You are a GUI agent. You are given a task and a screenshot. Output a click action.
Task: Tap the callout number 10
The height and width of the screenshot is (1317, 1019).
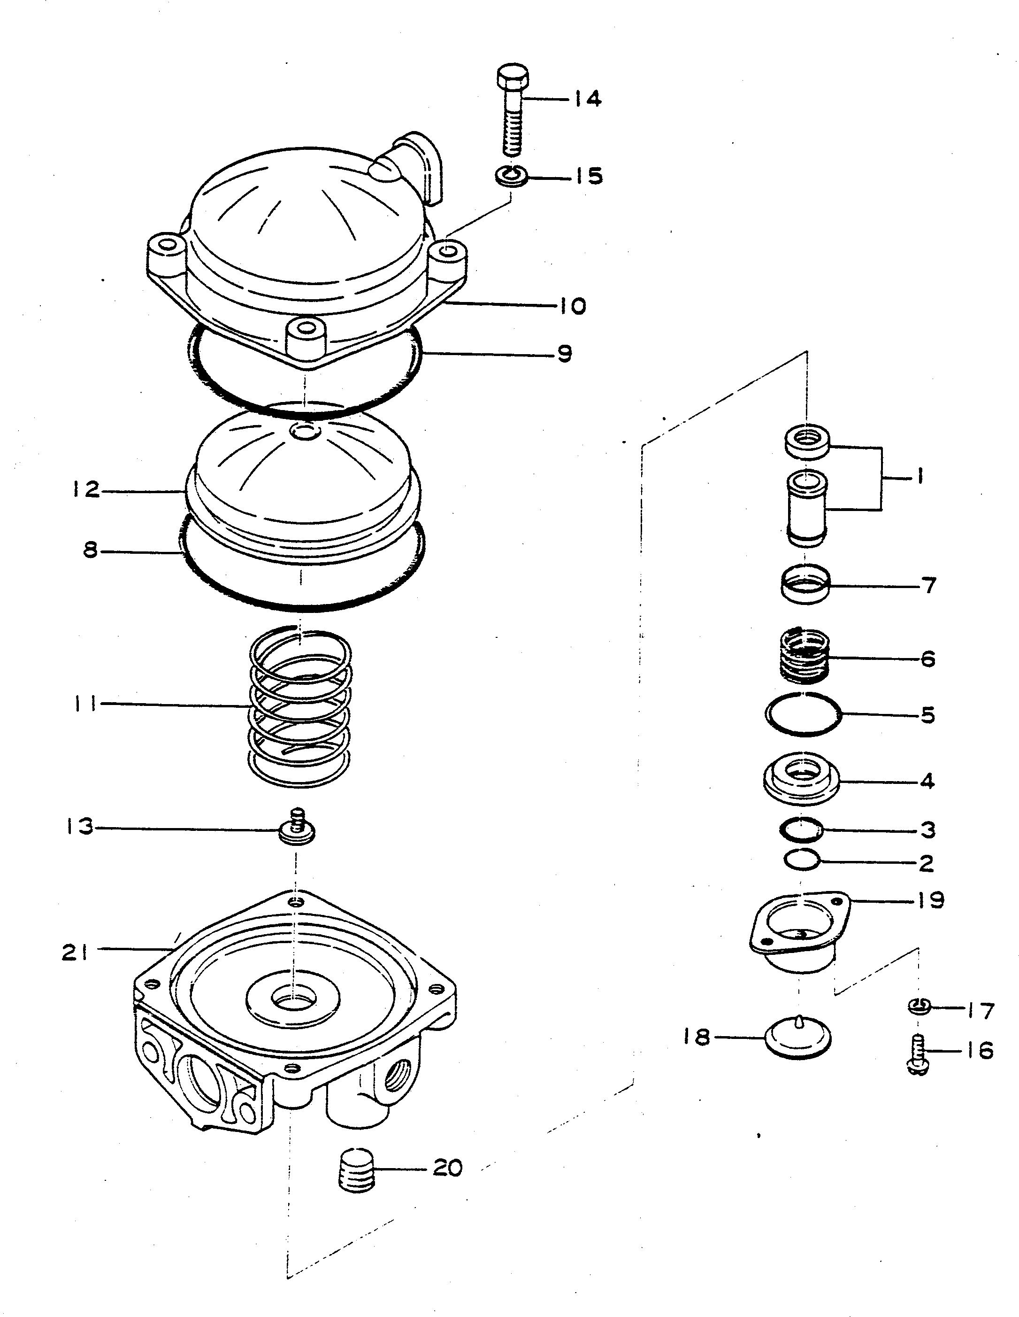(x=571, y=306)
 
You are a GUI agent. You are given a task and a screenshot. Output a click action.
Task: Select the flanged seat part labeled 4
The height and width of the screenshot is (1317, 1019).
(x=802, y=782)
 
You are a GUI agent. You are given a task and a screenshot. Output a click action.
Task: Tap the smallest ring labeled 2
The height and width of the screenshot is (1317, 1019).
(x=802, y=860)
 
